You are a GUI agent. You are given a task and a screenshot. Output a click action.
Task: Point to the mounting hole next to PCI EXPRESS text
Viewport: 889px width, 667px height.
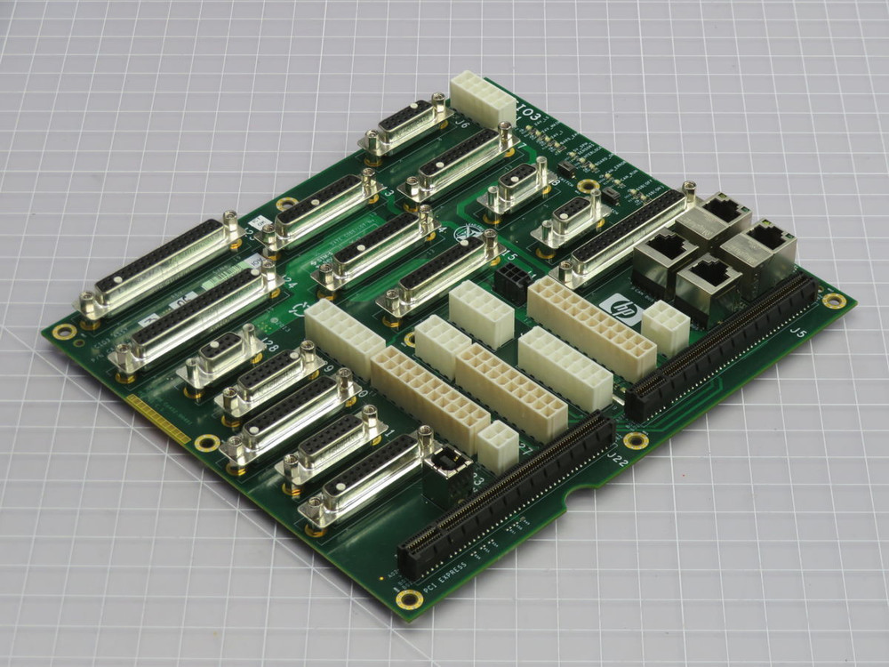409,598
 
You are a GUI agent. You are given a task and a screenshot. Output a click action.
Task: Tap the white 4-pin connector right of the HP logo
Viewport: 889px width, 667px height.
664,326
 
